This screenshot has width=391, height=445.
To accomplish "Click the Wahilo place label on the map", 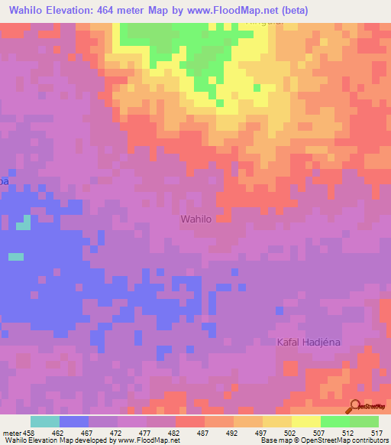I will pos(195,219).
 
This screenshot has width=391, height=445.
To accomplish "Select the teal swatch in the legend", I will pos(44,421).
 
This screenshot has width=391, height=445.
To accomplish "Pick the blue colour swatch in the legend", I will pos(74,421).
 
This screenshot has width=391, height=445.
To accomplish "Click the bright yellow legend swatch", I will pos(306,421).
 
